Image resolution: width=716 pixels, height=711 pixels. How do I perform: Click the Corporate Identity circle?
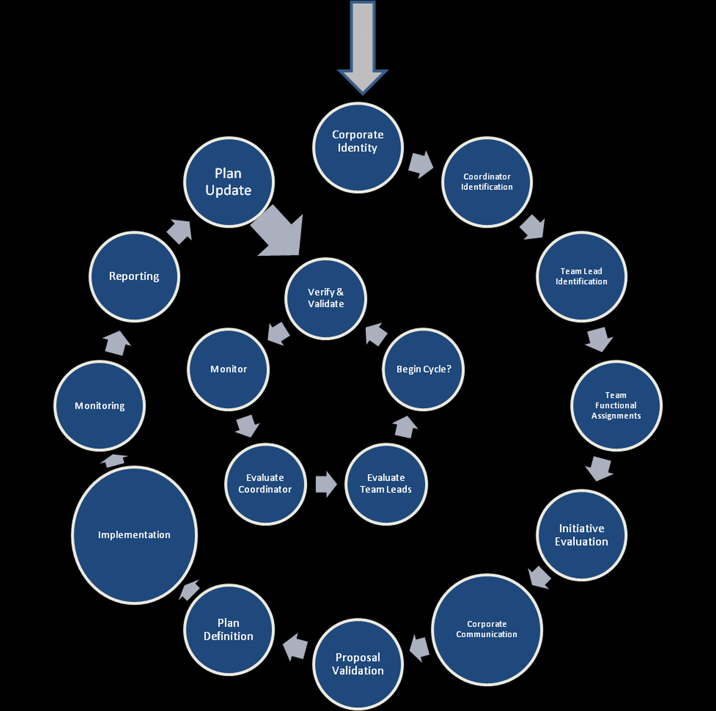[358, 148]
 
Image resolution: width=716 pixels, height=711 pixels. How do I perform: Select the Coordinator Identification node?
[487, 182]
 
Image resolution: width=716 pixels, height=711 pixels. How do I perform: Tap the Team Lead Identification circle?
[581, 276]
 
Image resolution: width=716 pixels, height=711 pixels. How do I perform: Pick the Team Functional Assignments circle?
[616, 405]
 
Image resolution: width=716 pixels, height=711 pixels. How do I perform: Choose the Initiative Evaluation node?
[581, 535]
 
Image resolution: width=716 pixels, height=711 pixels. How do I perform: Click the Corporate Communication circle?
[487, 629]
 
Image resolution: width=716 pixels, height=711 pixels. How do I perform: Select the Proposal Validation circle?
[358, 664]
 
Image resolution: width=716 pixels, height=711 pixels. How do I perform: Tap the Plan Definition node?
[229, 629]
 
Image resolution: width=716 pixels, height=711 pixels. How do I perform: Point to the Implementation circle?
[134, 535]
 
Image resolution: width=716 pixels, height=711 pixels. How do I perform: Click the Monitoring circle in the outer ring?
[100, 405]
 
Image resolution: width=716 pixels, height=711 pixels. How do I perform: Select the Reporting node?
[134, 276]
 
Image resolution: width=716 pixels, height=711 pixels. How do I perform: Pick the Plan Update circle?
[229, 182]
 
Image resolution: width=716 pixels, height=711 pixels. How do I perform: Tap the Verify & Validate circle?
[326, 298]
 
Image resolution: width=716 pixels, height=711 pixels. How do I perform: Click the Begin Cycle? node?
[423, 369]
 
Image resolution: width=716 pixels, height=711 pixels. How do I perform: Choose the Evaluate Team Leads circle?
[386, 484]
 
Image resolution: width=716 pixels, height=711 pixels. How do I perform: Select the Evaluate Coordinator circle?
[265, 484]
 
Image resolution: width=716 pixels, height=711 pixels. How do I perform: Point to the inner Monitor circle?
[228, 369]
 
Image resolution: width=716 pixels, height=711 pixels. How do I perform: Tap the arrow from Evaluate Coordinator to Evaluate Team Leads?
[326, 484]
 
